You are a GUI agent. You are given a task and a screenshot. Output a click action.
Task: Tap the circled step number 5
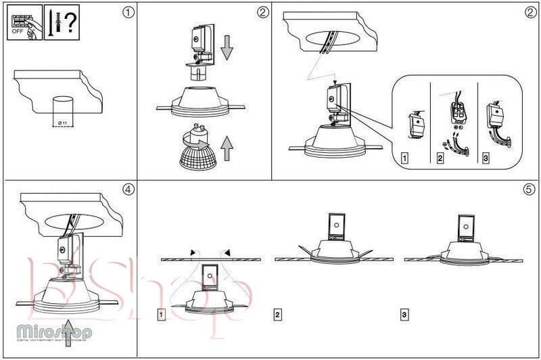pyautogui.click(x=529, y=189)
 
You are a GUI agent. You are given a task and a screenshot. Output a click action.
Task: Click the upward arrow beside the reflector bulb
pyautogui.click(x=227, y=147)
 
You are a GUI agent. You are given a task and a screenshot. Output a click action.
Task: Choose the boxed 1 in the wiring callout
pyautogui.click(x=404, y=160)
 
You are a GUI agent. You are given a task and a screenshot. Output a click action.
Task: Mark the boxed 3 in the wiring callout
pyautogui.click(x=486, y=160)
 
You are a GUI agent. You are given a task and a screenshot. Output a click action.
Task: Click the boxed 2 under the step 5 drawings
pyautogui.click(x=278, y=315)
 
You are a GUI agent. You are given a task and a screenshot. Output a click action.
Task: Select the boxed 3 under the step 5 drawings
pyautogui.click(x=404, y=315)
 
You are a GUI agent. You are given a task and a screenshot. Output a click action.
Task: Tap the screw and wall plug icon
pyautogui.click(x=55, y=23)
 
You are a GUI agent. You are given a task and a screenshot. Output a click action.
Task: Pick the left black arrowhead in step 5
pyautogui.click(x=194, y=252)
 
